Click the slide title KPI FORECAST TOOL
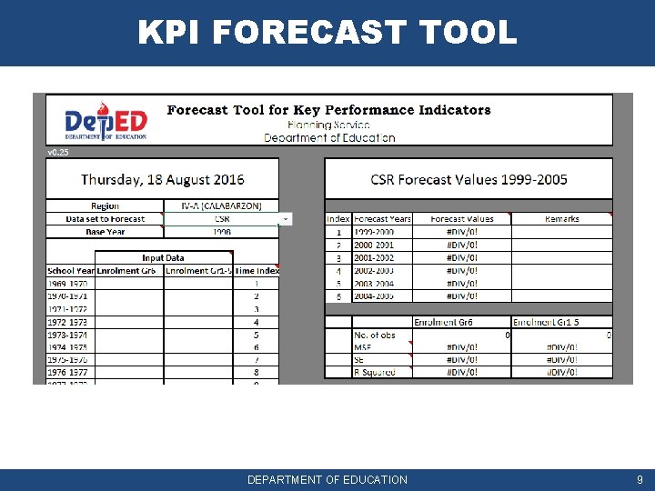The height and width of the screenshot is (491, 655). pos(327,33)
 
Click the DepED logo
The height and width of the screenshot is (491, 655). pos(106,122)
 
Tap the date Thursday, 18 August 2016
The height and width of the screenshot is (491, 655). pos(163,180)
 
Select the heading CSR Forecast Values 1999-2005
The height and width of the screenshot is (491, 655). pos(469,180)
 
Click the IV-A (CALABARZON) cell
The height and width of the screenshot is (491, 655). pos(221,206)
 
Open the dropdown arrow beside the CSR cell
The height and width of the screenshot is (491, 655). pos(286,219)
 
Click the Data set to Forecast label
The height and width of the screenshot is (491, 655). pos(105,219)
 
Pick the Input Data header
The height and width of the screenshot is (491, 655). pos(163,258)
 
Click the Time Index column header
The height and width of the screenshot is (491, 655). pos(256,271)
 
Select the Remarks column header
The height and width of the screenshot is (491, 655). pos(561,219)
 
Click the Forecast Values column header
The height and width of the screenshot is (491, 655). pos(462,219)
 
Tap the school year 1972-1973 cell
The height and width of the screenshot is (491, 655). pos(69,322)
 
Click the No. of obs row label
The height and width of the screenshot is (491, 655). pos(374,336)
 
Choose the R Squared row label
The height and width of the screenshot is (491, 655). pos(374,372)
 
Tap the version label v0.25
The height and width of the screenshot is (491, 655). pos(57,153)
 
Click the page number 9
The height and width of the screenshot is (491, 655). pos(640,479)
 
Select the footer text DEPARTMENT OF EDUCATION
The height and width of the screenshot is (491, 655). pos(327,479)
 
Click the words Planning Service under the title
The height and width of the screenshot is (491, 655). pos(328,125)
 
